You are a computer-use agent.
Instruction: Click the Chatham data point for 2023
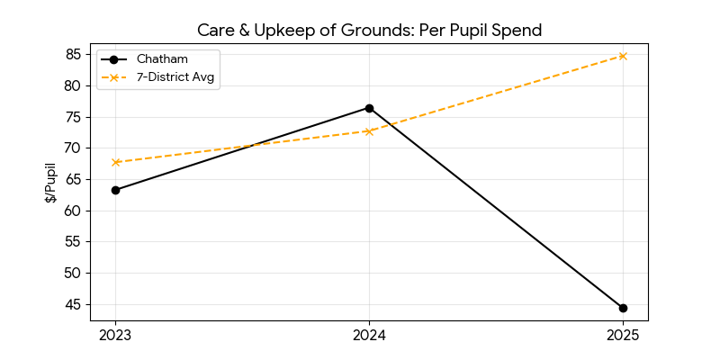115,190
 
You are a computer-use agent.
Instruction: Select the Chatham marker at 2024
369,108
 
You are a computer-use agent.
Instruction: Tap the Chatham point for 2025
623,308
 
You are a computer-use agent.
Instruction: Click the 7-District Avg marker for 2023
115,162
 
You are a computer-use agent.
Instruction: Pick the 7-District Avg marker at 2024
369,131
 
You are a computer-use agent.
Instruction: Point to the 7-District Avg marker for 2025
623,56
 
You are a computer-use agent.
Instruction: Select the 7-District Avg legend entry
176,77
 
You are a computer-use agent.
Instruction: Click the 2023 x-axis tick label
115,336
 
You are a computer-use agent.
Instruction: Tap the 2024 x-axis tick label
369,336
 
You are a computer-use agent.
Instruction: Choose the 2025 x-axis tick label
623,336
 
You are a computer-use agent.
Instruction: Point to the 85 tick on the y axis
73,55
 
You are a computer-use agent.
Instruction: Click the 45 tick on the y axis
73,304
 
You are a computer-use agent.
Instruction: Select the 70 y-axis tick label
73,148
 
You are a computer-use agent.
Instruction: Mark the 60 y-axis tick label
73,211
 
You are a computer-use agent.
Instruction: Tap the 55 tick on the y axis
73,242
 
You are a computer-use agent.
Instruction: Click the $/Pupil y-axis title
51,183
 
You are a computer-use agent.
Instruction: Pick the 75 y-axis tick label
73,117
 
